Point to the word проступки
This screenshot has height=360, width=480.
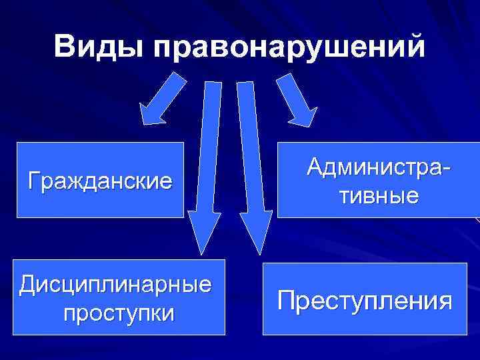click(119, 312)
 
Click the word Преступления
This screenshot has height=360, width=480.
click(365, 300)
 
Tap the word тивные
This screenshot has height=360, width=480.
click(377, 195)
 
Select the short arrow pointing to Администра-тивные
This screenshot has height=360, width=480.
click(293, 98)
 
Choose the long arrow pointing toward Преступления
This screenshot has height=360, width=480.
click(249, 167)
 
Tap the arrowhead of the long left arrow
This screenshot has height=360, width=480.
click(201, 233)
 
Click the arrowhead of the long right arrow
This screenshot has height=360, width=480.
click(255, 233)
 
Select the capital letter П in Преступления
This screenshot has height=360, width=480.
click(285, 300)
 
